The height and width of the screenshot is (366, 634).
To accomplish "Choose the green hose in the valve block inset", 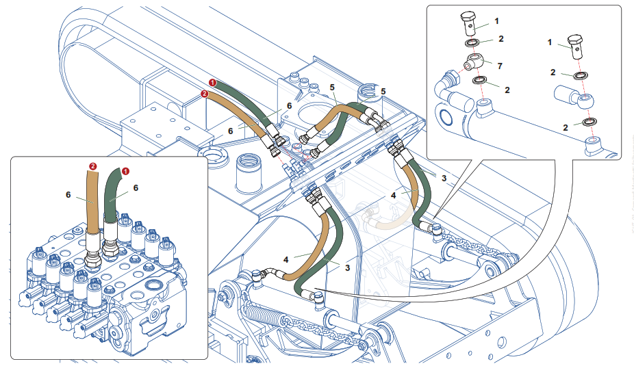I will click(x=112, y=198).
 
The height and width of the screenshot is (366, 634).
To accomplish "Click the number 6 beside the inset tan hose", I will click(x=69, y=194).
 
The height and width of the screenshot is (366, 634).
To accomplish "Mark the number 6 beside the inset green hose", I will click(x=136, y=187).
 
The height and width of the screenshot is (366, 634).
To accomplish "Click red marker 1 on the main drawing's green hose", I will click(x=213, y=82).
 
